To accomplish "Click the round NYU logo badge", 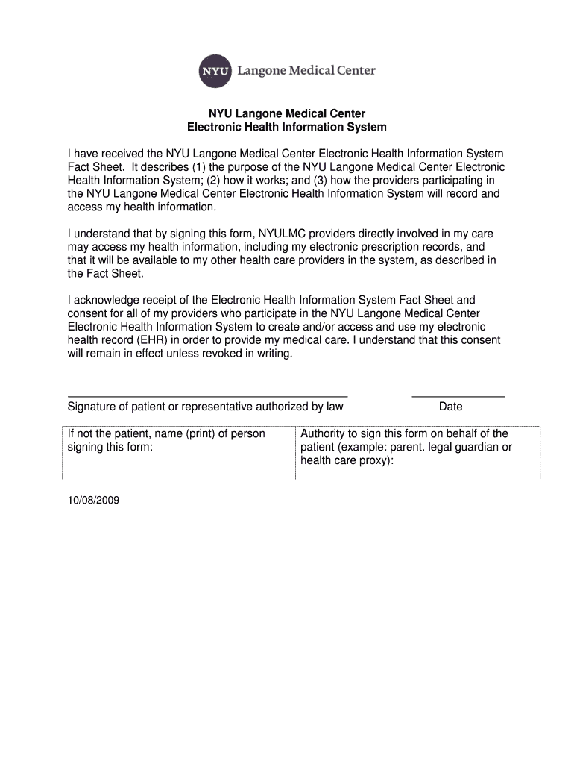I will point(215,72).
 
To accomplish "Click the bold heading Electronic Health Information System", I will point(287,128).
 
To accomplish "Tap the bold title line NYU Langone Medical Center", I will point(287,113).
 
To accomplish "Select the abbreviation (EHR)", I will point(148,340).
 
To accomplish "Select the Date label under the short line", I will point(451,407).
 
